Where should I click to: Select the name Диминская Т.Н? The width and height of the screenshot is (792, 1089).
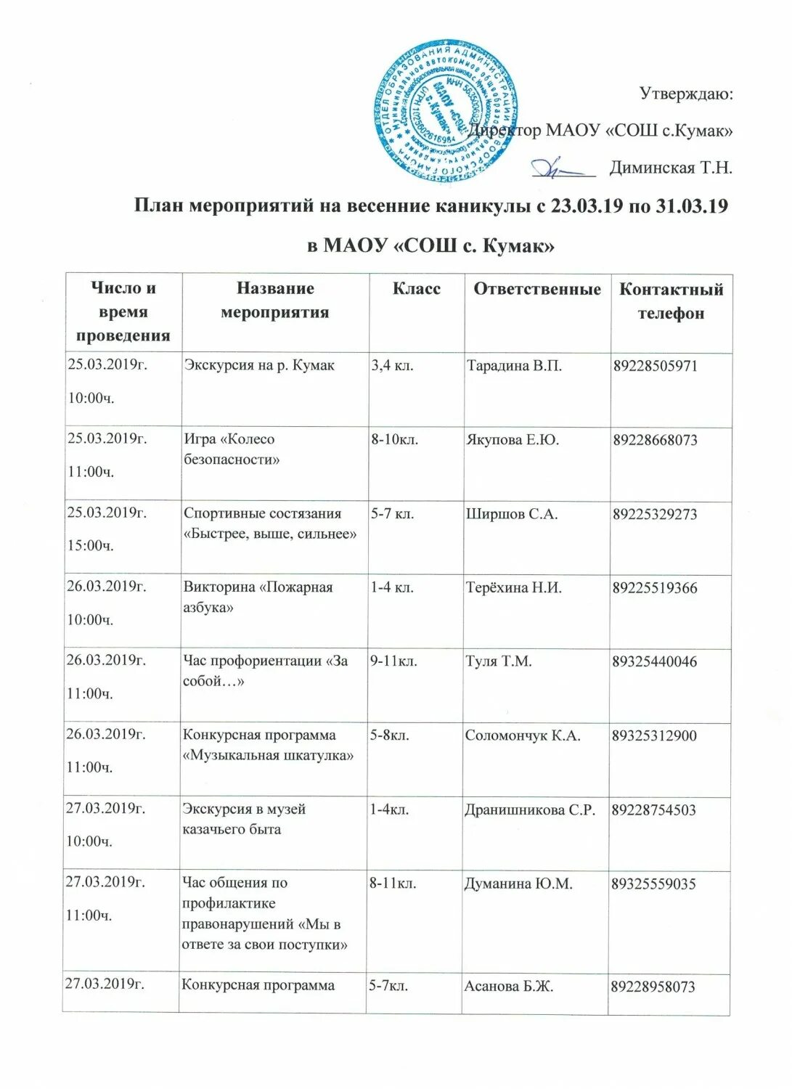(x=670, y=168)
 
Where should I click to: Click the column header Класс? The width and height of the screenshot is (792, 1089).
(x=416, y=289)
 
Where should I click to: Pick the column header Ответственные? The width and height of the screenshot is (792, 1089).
(x=536, y=289)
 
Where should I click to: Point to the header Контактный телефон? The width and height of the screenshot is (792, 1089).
(x=671, y=301)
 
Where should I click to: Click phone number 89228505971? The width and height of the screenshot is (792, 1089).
(x=655, y=366)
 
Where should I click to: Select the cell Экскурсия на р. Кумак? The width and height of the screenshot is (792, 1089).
(x=259, y=365)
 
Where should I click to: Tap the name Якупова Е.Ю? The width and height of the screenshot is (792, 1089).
(x=512, y=440)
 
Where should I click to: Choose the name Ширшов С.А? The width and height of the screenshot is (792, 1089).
(x=511, y=514)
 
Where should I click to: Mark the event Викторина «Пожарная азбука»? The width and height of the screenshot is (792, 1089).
(x=258, y=597)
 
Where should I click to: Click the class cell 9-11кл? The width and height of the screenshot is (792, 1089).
(x=393, y=661)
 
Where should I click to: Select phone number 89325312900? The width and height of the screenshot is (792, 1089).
(x=654, y=735)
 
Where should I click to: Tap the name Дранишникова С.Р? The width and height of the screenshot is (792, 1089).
(x=530, y=809)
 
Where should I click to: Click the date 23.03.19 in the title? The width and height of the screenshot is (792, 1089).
(x=587, y=206)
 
